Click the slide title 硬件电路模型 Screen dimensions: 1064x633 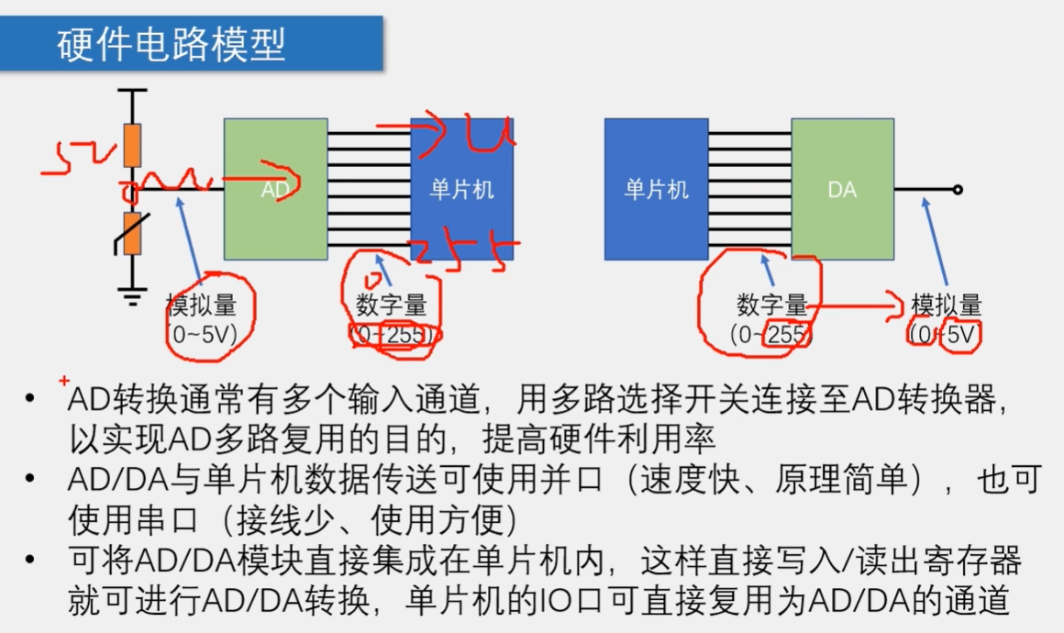pos(172,44)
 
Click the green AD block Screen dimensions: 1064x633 pos(275,189)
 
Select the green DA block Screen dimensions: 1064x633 pos(842,190)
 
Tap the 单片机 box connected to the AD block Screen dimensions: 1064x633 pos(461,189)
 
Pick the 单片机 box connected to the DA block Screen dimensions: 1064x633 pos(656,189)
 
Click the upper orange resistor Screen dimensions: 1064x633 pos(133,146)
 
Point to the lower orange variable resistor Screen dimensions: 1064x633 pos(133,233)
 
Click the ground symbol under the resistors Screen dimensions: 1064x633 pos(133,294)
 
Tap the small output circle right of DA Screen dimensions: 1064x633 pos(957,190)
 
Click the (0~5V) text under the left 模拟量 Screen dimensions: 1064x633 pos(202,335)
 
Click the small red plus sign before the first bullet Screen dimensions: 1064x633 pos(63,381)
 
